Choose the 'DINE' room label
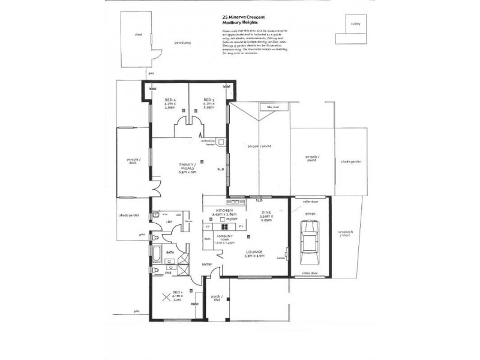point(267,212)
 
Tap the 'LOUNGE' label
point(254,252)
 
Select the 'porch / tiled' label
point(216,298)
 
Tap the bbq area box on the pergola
point(265,107)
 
